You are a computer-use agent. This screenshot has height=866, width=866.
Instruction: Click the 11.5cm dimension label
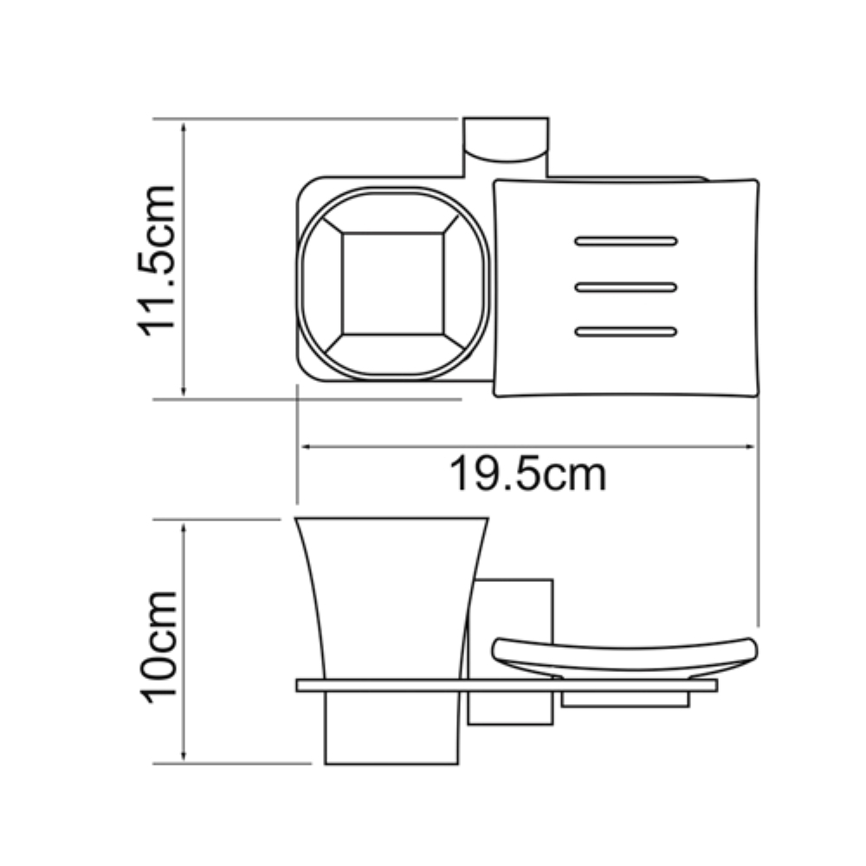coord(156,261)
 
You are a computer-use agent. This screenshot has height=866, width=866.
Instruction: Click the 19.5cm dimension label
coord(528,474)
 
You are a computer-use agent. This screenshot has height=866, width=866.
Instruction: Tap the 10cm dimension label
coord(158,647)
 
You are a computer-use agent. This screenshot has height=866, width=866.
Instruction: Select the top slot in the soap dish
coord(626,242)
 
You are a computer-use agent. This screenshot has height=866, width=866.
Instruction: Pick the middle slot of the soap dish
coord(626,288)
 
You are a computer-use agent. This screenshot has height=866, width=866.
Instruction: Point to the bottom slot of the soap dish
coord(626,332)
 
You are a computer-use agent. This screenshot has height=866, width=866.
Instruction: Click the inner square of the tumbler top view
coord(392,284)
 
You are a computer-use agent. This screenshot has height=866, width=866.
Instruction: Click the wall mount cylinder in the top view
coord(506,141)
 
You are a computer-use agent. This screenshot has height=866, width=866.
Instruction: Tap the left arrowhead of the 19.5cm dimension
coord(304,446)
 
